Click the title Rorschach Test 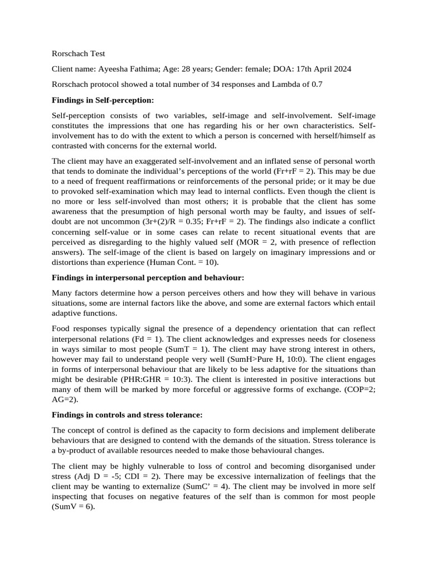tap(78, 53)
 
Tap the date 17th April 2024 tap(320, 69)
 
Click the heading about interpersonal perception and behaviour tap(148, 277)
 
